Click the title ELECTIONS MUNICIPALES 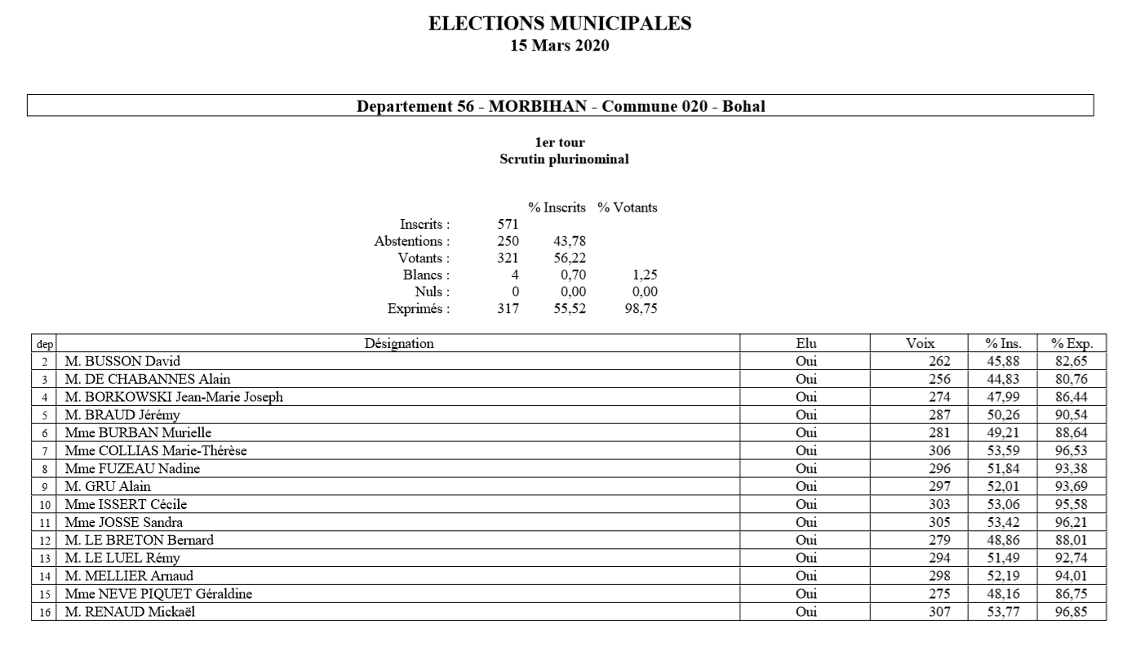(x=560, y=25)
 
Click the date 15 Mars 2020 (x=560, y=46)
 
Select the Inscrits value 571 (x=508, y=225)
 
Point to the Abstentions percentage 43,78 (x=570, y=242)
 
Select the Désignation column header (x=398, y=344)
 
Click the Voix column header (x=920, y=344)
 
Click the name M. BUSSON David (x=122, y=362)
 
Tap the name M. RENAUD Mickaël (x=131, y=611)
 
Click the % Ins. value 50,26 (x=1001, y=415)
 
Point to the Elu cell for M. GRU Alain (x=806, y=487)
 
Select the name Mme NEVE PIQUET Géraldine (x=158, y=594)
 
